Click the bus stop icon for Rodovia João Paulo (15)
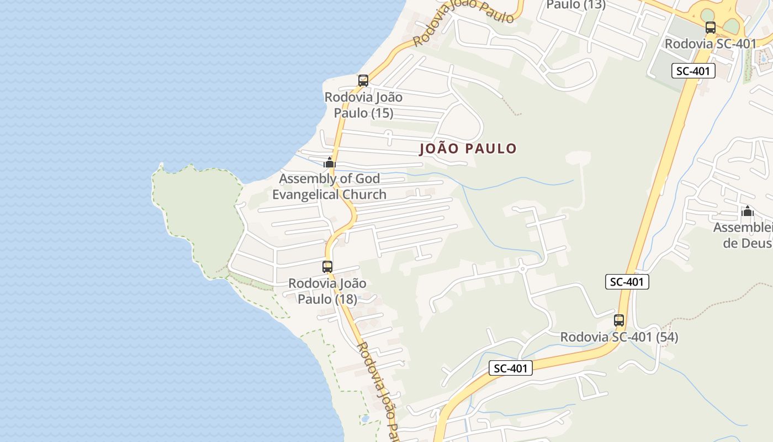click(x=363, y=81)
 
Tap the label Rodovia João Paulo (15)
click(x=363, y=105)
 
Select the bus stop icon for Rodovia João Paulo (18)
click(x=327, y=267)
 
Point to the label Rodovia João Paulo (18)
click(x=327, y=291)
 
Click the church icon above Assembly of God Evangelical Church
click(x=330, y=162)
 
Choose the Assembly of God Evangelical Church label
click(x=329, y=187)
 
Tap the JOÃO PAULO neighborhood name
click(x=468, y=149)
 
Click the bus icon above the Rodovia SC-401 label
click(x=711, y=28)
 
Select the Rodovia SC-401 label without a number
click(x=710, y=44)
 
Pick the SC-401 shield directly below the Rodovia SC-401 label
click(x=693, y=71)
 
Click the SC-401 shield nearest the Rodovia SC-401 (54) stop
click(x=627, y=282)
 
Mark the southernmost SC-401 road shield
click(x=511, y=369)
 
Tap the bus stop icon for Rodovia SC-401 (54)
click(x=619, y=320)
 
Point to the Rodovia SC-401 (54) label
click(x=619, y=337)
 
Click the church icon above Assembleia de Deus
click(x=748, y=211)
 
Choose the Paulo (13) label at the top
click(x=576, y=5)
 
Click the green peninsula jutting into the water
click(x=199, y=210)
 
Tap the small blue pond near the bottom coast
click(x=365, y=419)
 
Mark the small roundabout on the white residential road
click(x=522, y=269)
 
